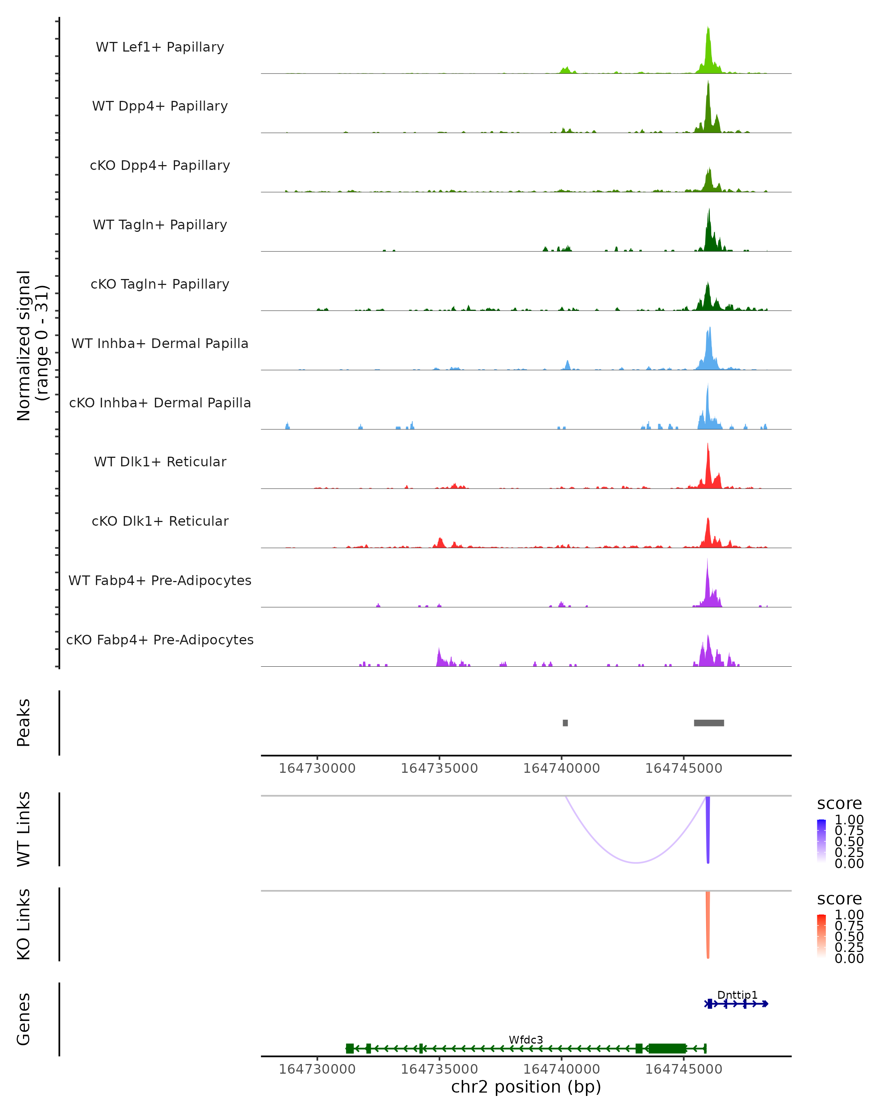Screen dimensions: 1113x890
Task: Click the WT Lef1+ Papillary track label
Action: point(160,47)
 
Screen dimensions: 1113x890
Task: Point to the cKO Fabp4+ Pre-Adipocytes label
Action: point(160,640)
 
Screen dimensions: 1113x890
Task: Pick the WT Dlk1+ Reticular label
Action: point(160,462)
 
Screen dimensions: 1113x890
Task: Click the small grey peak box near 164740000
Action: point(566,723)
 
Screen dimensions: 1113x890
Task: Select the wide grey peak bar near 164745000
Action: point(709,723)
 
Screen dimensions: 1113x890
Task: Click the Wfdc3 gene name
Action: point(526,1040)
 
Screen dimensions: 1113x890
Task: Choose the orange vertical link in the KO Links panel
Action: point(708,924)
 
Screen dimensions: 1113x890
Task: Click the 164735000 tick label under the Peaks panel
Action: point(439,768)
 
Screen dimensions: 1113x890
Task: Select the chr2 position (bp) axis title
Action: point(526,1087)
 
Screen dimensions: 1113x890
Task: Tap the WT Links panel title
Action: point(24,829)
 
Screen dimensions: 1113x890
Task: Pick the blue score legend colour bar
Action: point(821,840)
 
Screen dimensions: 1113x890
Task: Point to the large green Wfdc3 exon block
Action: point(667,1048)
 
